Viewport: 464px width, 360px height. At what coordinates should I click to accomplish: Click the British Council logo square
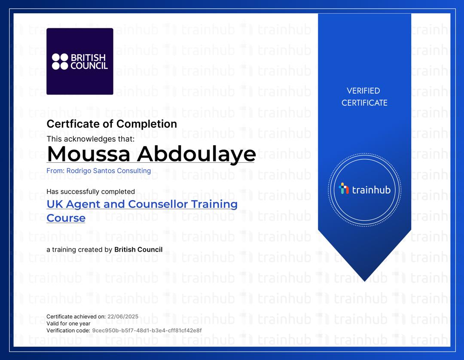(80, 61)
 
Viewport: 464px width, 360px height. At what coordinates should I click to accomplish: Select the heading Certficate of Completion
(112, 124)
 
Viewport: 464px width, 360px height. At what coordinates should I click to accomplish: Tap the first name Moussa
(89, 154)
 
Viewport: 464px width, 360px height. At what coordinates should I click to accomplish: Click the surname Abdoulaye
(196, 154)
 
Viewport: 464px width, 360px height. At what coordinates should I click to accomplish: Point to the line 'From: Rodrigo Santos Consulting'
(98, 171)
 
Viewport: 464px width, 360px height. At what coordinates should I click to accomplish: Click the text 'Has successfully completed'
(91, 192)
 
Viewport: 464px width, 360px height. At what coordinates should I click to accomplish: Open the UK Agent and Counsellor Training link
(142, 204)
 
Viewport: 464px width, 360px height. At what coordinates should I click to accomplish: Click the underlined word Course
(66, 218)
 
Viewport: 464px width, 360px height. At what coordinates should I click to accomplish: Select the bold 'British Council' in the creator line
(138, 249)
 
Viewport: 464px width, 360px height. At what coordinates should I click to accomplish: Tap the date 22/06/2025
(123, 317)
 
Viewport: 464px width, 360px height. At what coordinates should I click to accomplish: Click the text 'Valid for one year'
(68, 323)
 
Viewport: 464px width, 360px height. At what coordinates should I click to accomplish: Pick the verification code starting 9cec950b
(147, 330)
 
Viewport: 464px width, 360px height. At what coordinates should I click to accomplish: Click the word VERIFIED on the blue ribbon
(363, 91)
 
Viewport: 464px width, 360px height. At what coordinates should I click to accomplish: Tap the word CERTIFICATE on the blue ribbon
(364, 103)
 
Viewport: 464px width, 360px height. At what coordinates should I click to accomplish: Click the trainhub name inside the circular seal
(371, 189)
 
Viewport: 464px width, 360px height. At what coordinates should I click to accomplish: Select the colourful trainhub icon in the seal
(344, 189)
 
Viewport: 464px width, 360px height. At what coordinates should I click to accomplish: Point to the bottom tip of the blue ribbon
(365, 281)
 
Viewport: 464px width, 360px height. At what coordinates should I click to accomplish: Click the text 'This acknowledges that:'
(91, 139)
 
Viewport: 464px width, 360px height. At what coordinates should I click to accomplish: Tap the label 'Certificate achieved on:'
(76, 317)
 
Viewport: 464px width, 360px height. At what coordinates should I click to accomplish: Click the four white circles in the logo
(60, 61)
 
